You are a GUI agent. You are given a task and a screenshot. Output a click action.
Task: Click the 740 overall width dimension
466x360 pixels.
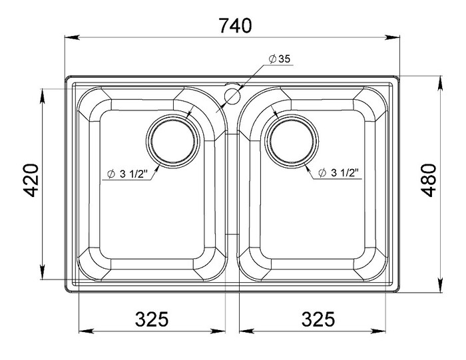click(235, 25)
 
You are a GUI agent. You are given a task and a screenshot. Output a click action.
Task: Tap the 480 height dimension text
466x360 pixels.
click(429, 180)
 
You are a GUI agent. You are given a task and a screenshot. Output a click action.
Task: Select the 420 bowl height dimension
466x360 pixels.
click(31, 180)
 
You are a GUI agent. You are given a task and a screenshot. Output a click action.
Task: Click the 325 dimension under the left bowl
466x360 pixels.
click(152, 319)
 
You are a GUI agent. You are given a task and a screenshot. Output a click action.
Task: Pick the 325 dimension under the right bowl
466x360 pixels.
click(318, 319)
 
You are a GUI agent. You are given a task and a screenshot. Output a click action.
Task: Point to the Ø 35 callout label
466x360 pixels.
click(279, 59)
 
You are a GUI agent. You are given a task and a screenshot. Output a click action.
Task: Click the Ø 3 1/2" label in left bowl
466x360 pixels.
click(128, 174)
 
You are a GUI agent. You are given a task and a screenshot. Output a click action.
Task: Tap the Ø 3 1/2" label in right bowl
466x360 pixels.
click(338, 172)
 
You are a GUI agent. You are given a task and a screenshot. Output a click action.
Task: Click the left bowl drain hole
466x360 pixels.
click(173, 141)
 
